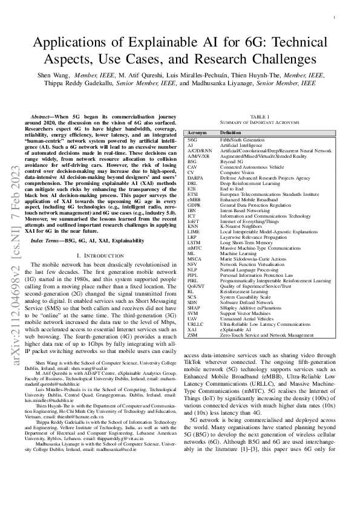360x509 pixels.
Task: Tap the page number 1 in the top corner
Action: click(x=335, y=18)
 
